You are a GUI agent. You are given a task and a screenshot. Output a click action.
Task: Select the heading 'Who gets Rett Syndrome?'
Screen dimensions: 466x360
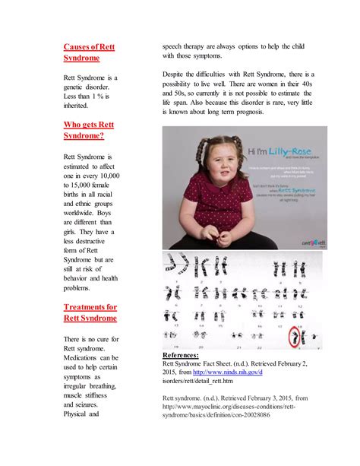click(x=90, y=129)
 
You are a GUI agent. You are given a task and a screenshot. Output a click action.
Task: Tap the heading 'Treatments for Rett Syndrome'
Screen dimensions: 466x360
click(x=90, y=312)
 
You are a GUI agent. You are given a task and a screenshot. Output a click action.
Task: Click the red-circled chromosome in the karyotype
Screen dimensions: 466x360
click(x=292, y=335)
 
